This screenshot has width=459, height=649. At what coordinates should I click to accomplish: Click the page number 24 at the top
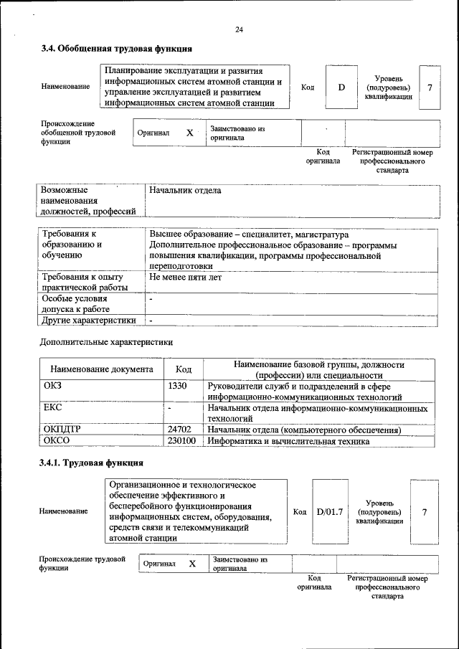[239, 29]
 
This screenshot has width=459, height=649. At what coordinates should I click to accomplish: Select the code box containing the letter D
[341, 87]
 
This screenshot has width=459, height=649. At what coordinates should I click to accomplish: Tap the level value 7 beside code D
[429, 87]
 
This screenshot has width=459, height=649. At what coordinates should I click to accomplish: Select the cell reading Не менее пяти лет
[186, 276]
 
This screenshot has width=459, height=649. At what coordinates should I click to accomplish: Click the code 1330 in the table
[177, 386]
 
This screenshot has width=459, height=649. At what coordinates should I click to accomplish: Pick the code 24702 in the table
[179, 430]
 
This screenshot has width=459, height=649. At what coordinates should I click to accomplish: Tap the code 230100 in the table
[181, 441]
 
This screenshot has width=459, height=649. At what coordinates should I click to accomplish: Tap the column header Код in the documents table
[184, 369]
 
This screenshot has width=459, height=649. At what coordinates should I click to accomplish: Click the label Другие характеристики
[89, 320]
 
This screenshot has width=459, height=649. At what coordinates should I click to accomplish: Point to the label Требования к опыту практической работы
[85, 282]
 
